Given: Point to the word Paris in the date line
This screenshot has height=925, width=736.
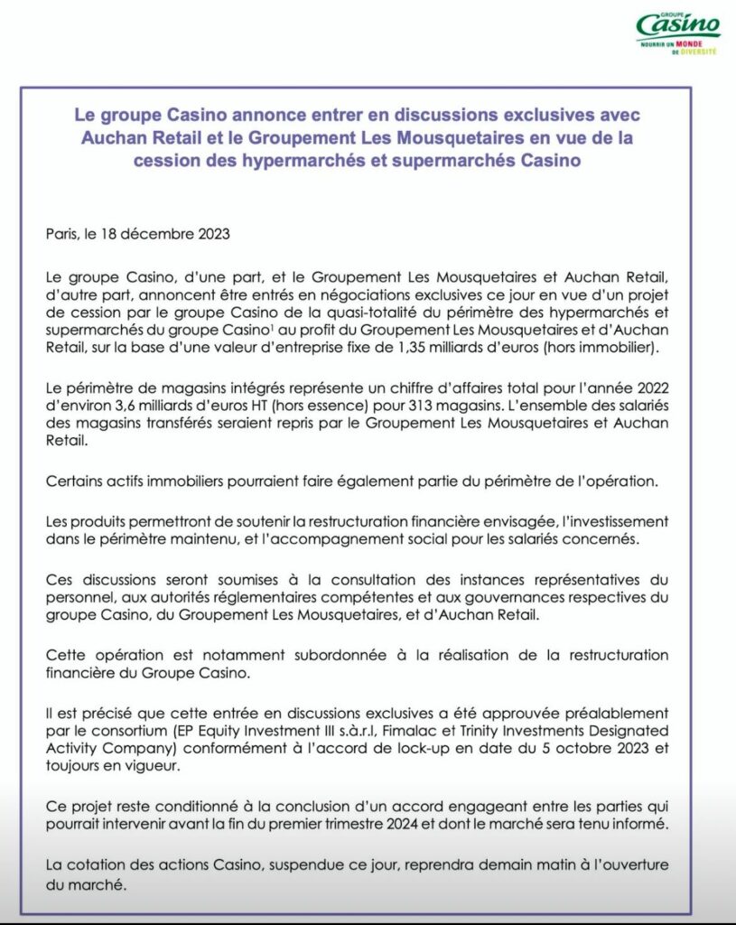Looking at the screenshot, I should coord(61,235).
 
